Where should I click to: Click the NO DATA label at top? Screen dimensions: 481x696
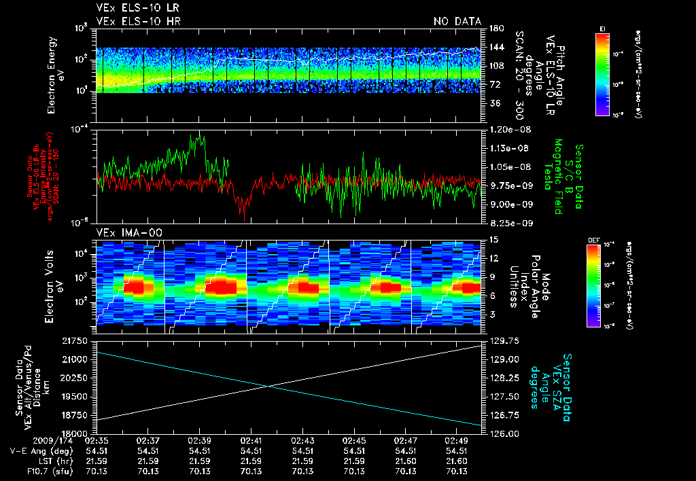click(x=457, y=21)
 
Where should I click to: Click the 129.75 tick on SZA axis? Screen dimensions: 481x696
click(x=504, y=340)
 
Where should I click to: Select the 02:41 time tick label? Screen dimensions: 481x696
click(x=251, y=441)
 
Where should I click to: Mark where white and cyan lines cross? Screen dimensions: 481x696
click(x=270, y=387)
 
